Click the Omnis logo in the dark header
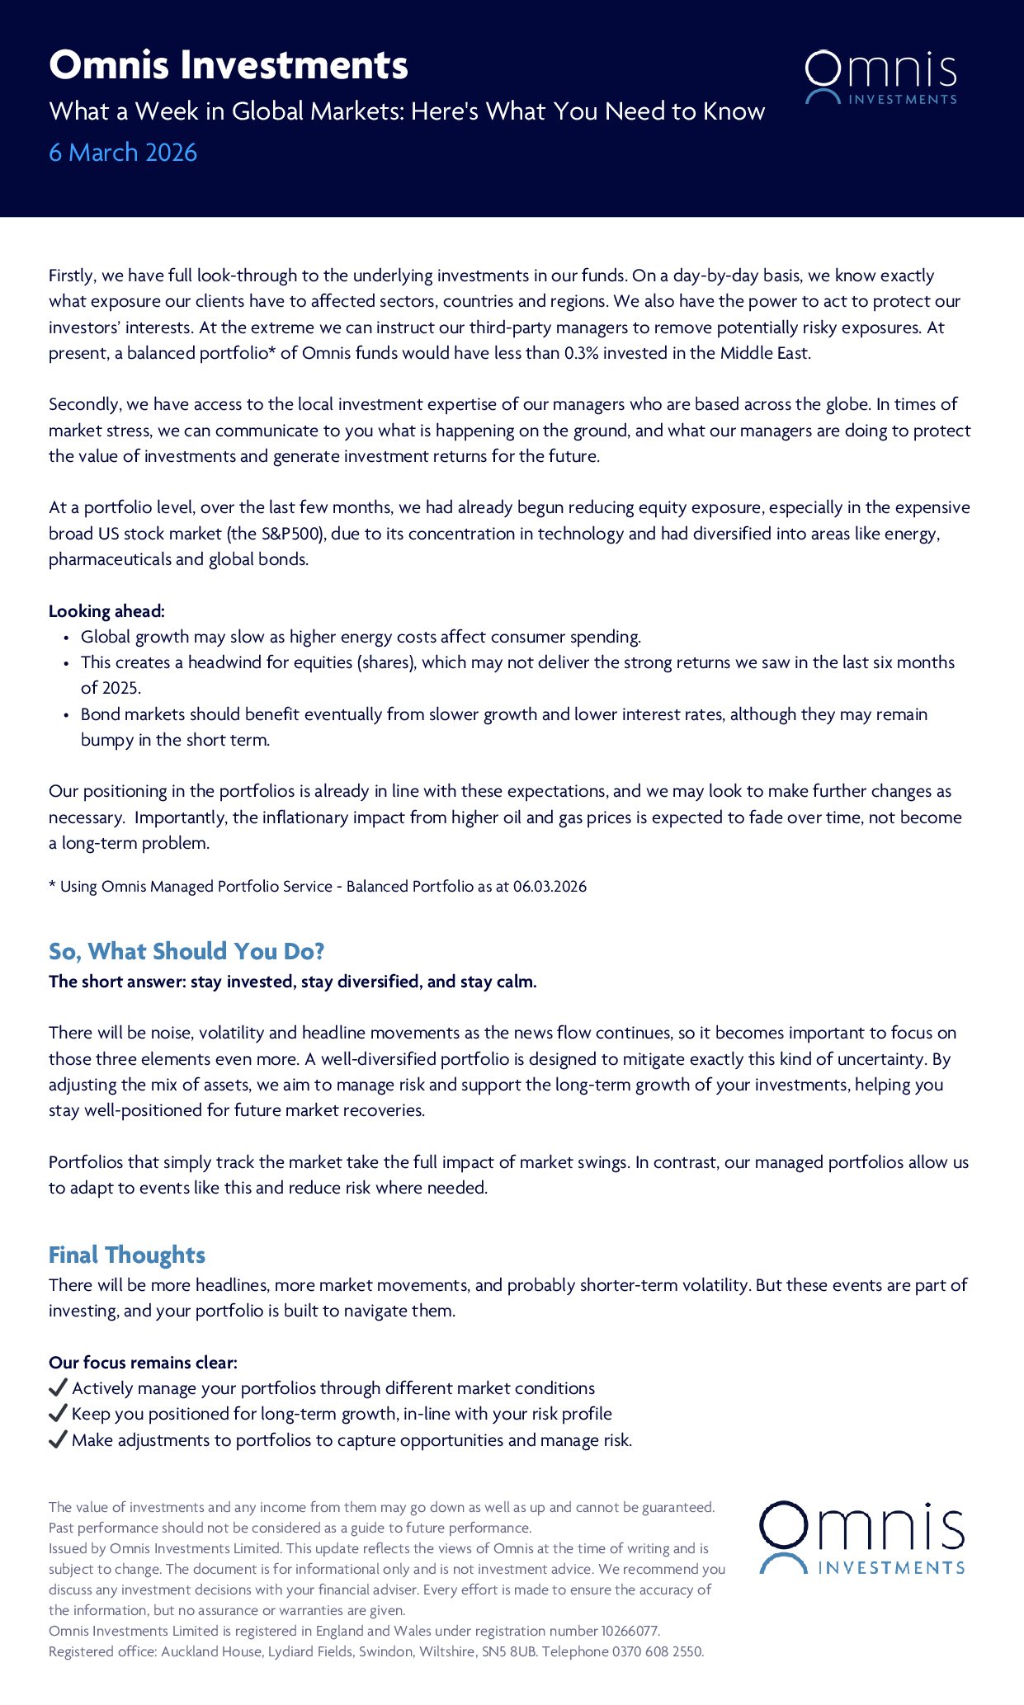tap(880, 78)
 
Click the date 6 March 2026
tap(123, 153)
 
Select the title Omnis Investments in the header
tap(229, 65)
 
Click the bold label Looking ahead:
tap(106, 611)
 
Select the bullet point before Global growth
tap(66, 638)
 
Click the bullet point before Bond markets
tap(66, 715)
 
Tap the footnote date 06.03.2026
tap(550, 887)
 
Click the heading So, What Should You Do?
tap(186, 951)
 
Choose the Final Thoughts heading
tap(127, 1255)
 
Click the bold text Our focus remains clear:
tap(143, 1363)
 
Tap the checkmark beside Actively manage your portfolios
tap(58, 1387)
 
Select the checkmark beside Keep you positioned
tap(58, 1413)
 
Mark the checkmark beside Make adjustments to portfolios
tap(58, 1439)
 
